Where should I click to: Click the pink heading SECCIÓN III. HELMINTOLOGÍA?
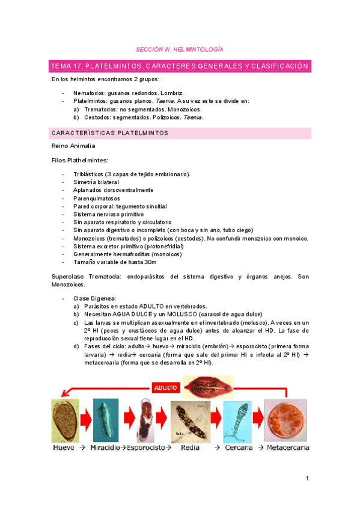pyautogui.click(x=179, y=49)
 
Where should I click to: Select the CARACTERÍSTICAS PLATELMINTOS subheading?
pyautogui.click(x=109, y=133)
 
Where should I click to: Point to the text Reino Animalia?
pyautogui.click(x=73, y=146)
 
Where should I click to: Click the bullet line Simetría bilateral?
pyautogui.click(x=96, y=182)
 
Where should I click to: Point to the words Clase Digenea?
pyautogui.click(x=94, y=298)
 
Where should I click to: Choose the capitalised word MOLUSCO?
pyautogui.click(x=180, y=314)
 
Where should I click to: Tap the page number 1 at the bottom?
pyautogui.click(x=307, y=478)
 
